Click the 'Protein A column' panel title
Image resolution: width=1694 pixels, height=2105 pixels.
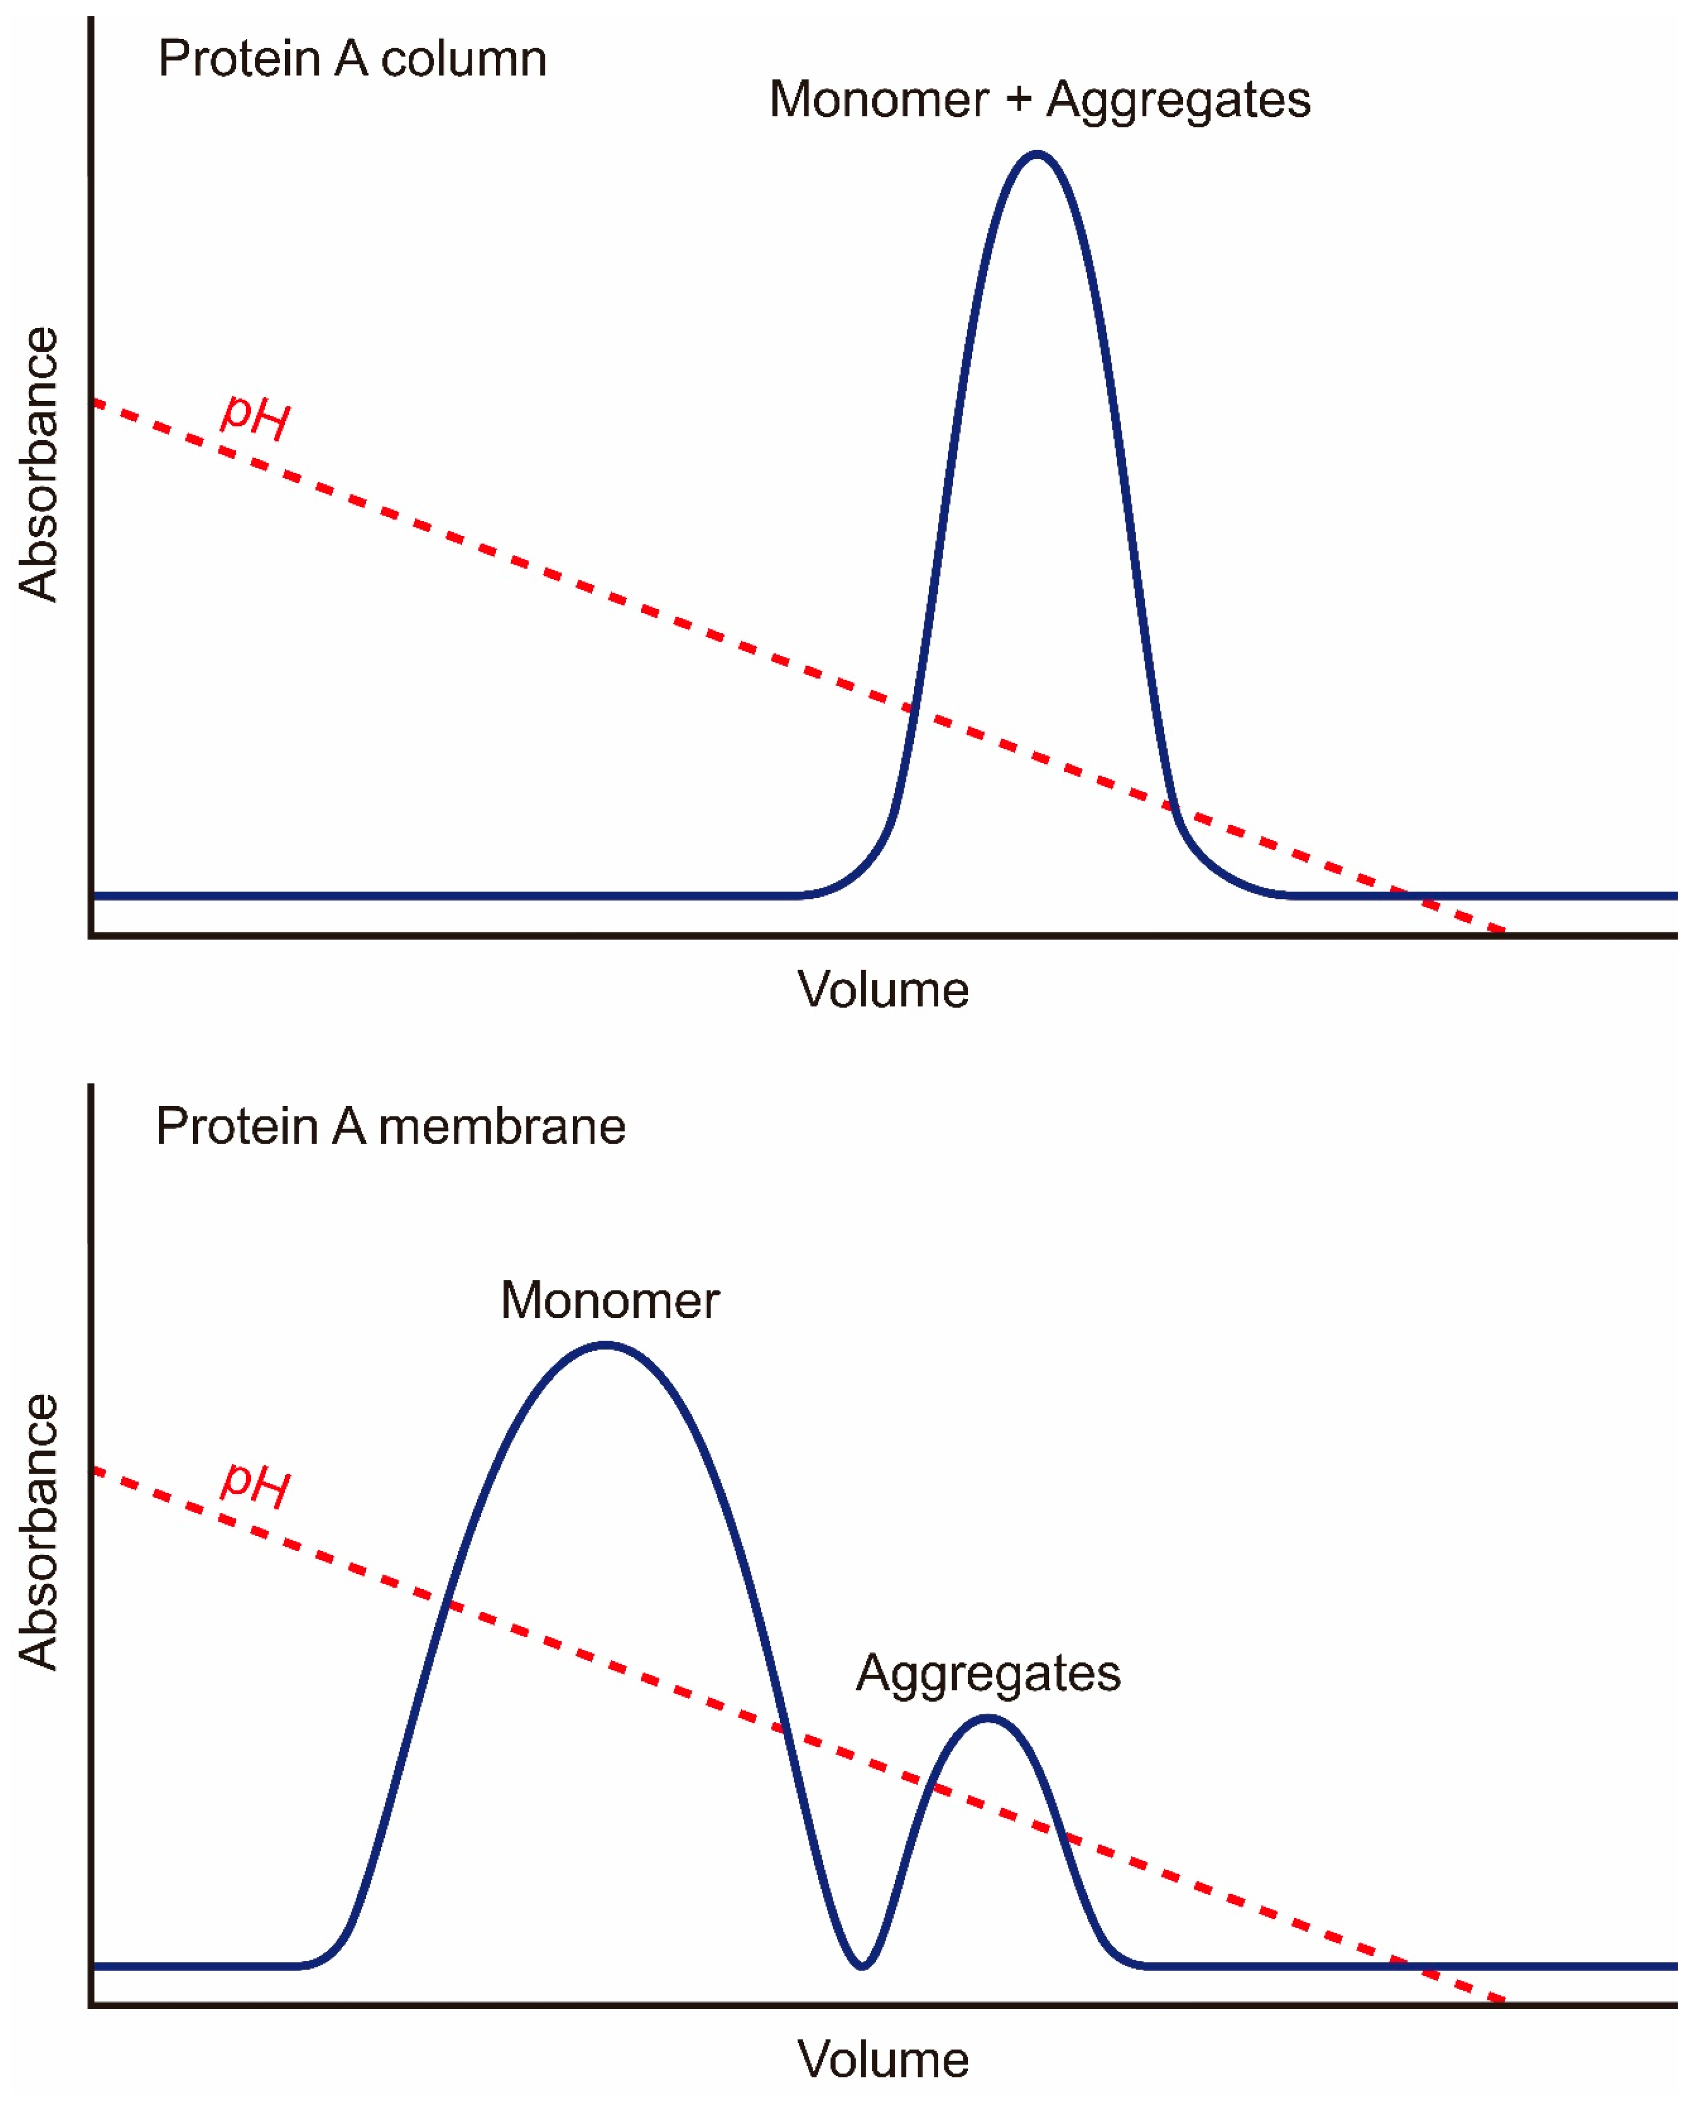pos(352,59)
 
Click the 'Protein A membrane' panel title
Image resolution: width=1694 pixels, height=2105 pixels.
pos(390,1127)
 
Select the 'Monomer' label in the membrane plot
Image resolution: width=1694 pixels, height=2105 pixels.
pos(610,1301)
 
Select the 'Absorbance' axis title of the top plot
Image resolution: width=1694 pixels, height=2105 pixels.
pos(39,464)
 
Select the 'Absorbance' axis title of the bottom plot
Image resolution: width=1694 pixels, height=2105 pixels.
pos(39,1532)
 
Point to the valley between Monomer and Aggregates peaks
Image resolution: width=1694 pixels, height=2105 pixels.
pos(862,1965)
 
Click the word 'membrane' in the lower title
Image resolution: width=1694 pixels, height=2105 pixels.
pos(502,1127)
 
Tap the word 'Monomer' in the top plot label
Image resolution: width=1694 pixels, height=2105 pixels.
pos(879,100)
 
